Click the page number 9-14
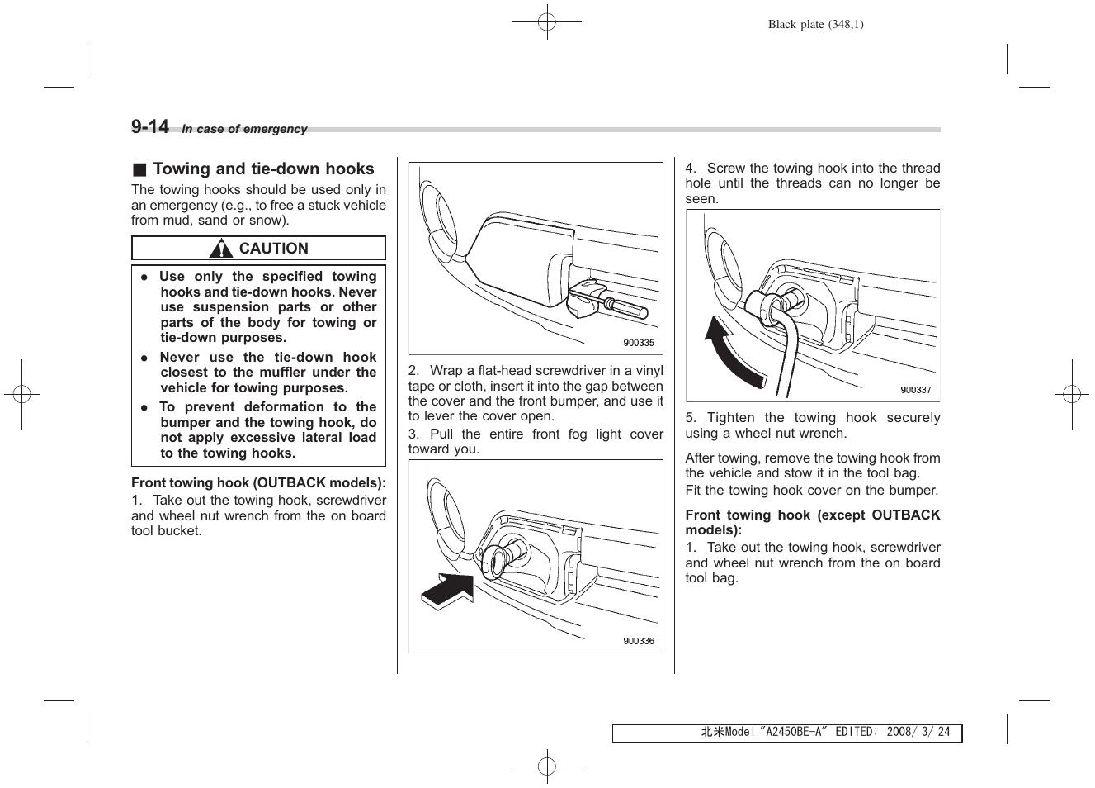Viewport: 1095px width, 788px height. (x=150, y=126)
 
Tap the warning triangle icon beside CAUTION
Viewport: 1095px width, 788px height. (x=220, y=249)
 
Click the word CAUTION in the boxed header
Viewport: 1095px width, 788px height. (x=273, y=249)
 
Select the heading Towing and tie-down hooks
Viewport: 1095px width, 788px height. (x=263, y=169)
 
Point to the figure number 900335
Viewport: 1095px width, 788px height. (x=638, y=343)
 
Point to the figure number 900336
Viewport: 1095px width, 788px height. (x=638, y=641)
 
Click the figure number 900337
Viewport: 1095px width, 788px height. (x=915, y=390)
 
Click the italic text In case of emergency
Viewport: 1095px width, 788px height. (x=244, y=130)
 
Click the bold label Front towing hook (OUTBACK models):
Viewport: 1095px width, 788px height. (x=258, y=483)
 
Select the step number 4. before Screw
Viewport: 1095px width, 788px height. (x=691, y=169)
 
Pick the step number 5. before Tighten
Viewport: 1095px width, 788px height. (x=691, y=418)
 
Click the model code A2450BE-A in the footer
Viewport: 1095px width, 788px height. (x=793, y=733)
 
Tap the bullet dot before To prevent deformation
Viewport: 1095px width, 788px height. (x=144, y=407)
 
